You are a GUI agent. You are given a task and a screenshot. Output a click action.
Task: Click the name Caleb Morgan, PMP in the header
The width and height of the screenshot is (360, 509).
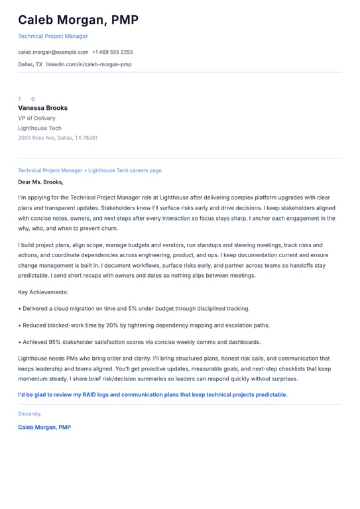[x=78, y=20]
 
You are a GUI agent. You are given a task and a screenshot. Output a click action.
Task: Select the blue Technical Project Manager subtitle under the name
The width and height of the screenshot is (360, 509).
[x=53, y=36]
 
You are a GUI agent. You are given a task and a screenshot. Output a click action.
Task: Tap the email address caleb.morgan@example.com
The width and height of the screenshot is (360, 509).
[x=53, y=52]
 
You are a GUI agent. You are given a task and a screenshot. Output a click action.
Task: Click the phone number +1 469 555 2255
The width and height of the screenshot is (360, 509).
[x=112, y=52]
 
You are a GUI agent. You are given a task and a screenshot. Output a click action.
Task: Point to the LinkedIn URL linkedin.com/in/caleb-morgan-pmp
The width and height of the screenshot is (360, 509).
[x=88, y=64]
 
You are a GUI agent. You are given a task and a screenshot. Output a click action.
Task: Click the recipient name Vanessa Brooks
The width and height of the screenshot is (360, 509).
[x=42, y=107]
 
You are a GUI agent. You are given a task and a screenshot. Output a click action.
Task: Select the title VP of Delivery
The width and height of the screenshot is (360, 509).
[x=36, y=118]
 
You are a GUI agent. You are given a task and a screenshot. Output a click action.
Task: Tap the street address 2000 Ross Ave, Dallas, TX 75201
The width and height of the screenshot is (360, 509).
[x=58, y=138]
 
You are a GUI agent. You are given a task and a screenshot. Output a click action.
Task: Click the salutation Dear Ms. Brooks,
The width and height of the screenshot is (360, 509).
[x=40, y=182]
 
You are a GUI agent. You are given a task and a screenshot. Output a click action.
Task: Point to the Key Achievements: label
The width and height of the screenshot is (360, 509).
[x=43, y=292]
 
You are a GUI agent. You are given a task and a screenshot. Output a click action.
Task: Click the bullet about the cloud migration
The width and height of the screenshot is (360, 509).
[x=134, y=308]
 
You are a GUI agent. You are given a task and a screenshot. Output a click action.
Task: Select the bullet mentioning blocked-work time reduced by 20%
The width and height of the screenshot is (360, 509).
[x=144, y=325]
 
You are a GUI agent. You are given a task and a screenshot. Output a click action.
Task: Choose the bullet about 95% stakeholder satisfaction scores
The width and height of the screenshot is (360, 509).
[x=139, y=342]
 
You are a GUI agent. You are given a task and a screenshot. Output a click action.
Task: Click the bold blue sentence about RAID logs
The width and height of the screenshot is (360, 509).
[x=152, y=394]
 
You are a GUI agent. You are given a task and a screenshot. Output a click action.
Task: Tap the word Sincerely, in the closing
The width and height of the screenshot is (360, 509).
[x=30, y=414]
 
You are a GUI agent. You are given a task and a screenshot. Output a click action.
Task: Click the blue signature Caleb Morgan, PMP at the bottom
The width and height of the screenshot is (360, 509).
[x=44, y=427]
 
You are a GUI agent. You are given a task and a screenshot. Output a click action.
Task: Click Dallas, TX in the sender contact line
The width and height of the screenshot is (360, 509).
[x=30, y=64]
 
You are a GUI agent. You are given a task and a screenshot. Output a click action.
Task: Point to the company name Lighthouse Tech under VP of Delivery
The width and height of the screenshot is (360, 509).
[x=40, y=128]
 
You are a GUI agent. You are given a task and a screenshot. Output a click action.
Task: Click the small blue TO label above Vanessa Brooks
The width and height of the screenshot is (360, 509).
[x=27, y=99]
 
